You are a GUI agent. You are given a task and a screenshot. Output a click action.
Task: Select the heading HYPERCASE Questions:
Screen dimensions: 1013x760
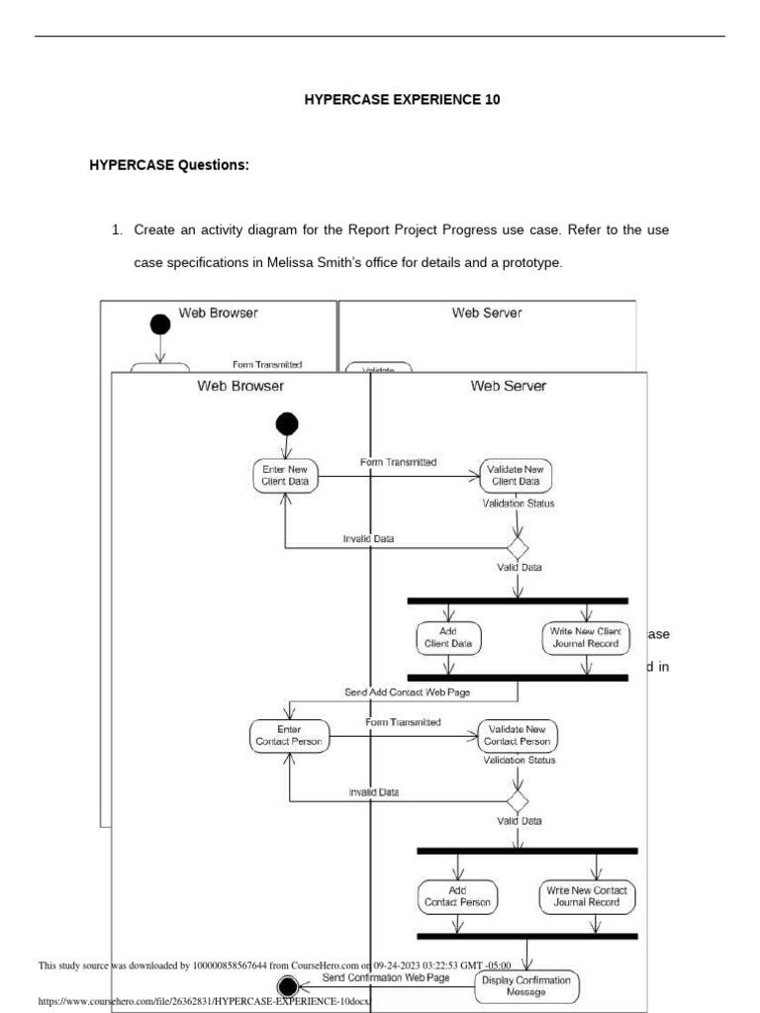click(169, 165)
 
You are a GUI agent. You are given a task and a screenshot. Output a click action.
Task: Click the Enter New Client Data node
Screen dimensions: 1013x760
click(285, 476)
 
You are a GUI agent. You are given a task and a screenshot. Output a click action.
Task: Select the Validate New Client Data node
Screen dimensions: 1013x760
click(516, 476)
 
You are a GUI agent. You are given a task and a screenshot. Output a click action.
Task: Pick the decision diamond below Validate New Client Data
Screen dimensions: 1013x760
click(517, 547)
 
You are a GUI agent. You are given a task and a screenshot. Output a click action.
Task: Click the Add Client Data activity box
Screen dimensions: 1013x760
click(448, 637)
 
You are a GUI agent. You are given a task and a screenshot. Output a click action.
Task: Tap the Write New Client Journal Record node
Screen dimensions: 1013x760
click(586, 637)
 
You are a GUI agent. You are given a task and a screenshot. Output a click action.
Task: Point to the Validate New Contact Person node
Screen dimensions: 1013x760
click(518, 735)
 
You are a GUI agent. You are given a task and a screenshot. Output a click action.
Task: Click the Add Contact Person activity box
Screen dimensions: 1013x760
click(457, 896)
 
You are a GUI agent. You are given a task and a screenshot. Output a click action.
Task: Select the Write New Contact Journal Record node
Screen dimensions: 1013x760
click(588, 896)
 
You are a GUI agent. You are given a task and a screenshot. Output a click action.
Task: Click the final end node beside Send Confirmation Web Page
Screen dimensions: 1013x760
click(288, 984)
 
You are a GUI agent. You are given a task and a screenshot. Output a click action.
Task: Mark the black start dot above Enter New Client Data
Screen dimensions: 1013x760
click(286, 424)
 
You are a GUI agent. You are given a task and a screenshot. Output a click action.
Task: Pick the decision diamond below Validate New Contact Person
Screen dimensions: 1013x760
click(517, 800)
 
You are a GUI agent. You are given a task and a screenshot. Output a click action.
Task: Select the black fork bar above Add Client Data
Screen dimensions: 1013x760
click(517, 600)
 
